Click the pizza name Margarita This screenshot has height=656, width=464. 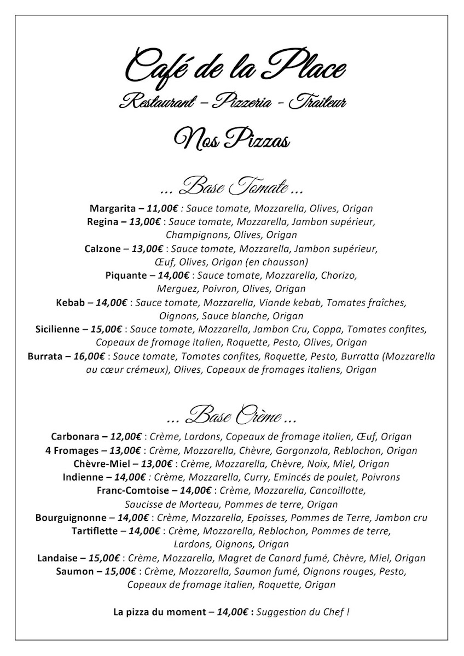(112, 208)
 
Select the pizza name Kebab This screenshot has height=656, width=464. (71, 302)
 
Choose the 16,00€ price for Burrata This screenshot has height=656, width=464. (90, 356)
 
